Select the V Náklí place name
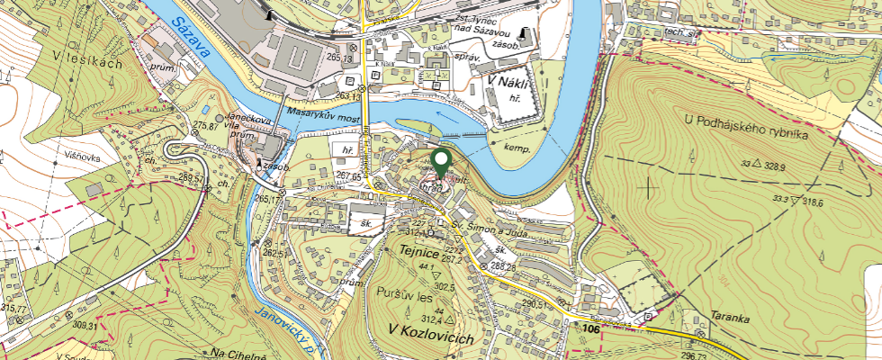(506, 82)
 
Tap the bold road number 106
(590, 331)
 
